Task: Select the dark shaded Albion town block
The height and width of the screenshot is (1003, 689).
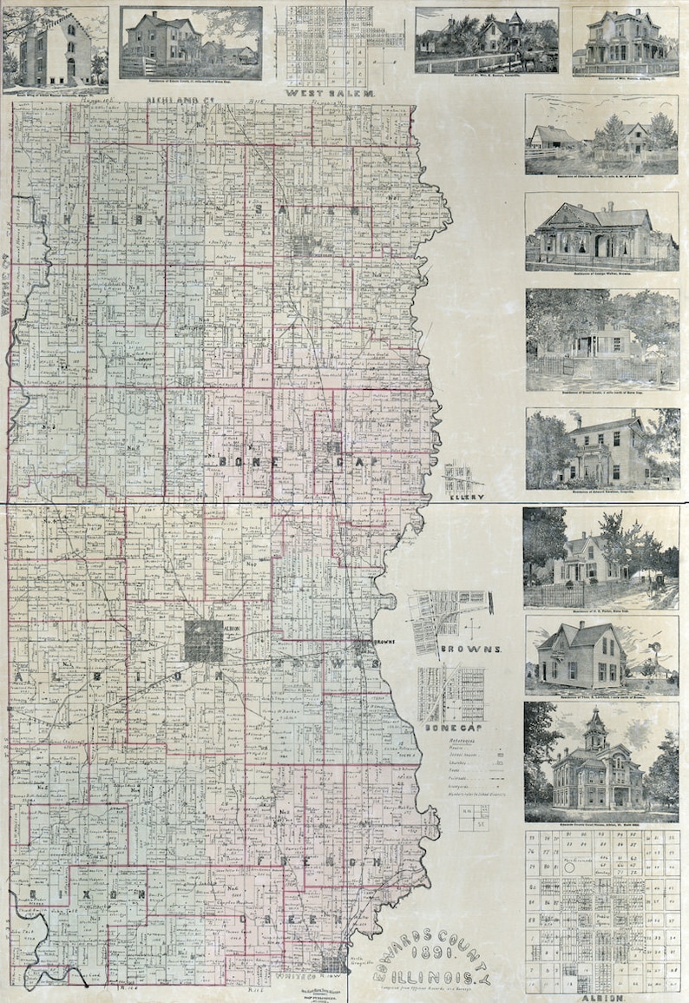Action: [204, 640]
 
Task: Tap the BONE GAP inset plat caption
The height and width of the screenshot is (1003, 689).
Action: [445, 727]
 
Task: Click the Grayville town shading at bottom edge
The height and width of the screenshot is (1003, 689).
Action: [332, 963]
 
